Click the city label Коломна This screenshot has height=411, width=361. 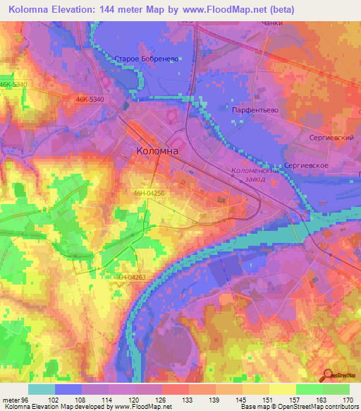coord(157,151)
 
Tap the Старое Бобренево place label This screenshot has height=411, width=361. coord(149,59)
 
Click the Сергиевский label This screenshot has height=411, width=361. coord(331,138)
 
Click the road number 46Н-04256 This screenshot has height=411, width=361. coord(148,193)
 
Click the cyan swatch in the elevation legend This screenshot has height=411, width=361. coord(42,389)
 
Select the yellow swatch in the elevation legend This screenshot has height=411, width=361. coord(283,389)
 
